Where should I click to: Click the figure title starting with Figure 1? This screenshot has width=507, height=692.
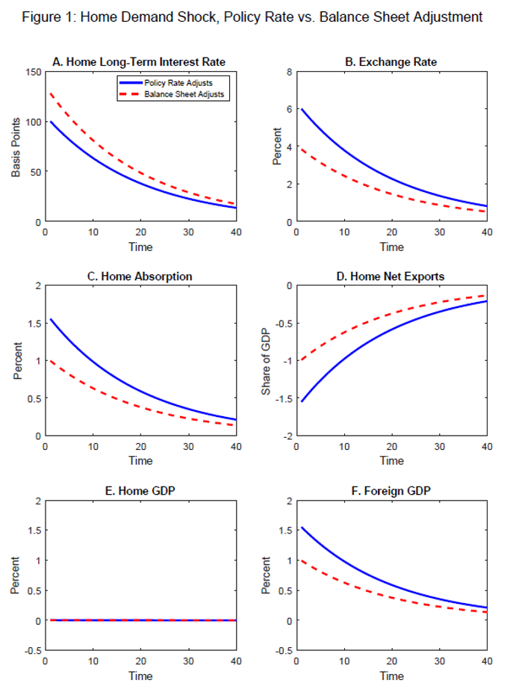click(253, 17)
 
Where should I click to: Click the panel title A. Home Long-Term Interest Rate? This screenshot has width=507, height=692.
click(140, 62)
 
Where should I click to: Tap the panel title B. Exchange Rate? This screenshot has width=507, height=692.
click(391, 62)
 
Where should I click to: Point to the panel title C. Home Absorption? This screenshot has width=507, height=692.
click(140, 277)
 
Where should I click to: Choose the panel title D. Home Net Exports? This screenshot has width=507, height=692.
click(391, 277)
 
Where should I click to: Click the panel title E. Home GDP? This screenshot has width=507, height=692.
click(140, 491)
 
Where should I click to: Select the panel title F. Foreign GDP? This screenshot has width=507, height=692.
click(391, 491)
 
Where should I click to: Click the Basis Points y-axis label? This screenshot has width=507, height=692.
click(16, 146)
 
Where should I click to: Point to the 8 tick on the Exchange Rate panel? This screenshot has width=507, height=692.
click(287, 72)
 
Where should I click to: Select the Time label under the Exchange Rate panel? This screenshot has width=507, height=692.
click(391, 247)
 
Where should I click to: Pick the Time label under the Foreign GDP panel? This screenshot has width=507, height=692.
click(391, 676)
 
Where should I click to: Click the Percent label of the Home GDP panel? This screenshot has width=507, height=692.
click(16, 575)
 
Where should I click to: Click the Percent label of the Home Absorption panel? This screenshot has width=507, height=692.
click(16, 361)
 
